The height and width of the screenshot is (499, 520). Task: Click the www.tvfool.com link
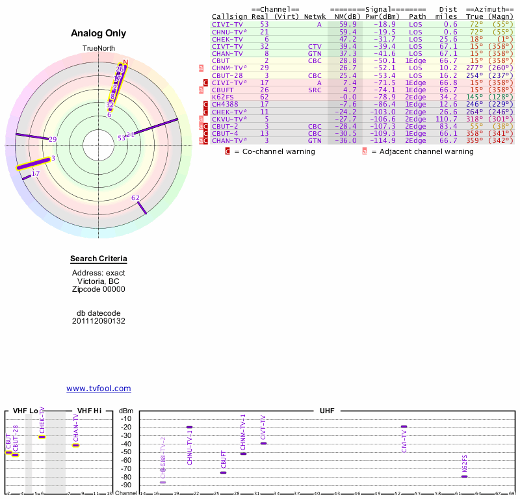99,389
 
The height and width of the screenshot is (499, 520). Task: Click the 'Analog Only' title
99,33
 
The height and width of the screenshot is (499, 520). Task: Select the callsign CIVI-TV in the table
227,24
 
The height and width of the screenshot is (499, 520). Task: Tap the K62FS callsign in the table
225,97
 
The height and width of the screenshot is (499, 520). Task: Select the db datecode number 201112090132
99,321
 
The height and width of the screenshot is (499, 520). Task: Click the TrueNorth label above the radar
98,49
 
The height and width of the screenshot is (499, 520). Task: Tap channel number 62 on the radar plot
135,198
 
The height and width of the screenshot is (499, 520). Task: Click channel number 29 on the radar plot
53,139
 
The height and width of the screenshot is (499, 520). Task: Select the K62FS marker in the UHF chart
464,476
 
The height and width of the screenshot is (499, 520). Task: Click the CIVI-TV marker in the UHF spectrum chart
404,426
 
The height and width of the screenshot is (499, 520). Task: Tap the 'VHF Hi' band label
90,411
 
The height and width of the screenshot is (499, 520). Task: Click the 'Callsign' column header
230,16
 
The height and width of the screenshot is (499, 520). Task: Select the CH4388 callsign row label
225,104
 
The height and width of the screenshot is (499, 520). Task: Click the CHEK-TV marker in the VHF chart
42,437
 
